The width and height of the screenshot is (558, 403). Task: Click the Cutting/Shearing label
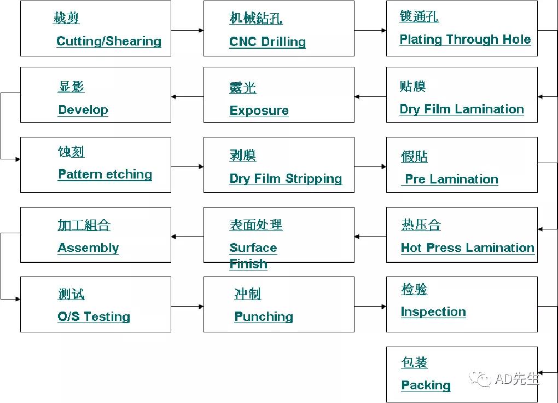click(109, 41)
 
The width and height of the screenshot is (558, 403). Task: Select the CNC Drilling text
click(268, 42)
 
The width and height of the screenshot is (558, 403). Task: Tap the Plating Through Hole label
click(465, 39)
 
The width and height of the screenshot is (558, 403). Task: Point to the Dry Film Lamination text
click(462, 109)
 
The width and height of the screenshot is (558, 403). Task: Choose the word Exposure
click(259, 111)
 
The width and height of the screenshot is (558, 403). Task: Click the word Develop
click(83, 110)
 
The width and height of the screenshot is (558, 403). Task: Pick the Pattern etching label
click(105, 175)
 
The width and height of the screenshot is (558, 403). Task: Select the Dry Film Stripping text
click(286, 179)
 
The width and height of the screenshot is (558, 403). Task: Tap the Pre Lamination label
click(451, 179)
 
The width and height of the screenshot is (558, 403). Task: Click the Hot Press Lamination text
click(467, 247)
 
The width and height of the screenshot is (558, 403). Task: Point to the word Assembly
click(88, 247)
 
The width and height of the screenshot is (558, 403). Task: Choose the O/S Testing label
click(94, 316)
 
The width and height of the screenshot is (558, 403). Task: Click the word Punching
click(264, 316)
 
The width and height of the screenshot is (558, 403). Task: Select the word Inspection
click(433, 312)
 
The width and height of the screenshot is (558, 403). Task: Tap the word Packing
click(426, 385)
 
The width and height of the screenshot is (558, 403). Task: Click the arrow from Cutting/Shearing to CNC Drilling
click(187, 31)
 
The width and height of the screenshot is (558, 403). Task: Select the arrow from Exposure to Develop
click(187, 97)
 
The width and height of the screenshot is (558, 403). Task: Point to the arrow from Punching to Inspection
click(370, 307)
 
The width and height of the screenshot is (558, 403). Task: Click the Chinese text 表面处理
click(255, 224)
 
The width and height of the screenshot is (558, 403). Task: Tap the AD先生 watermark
click(508, 379)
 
